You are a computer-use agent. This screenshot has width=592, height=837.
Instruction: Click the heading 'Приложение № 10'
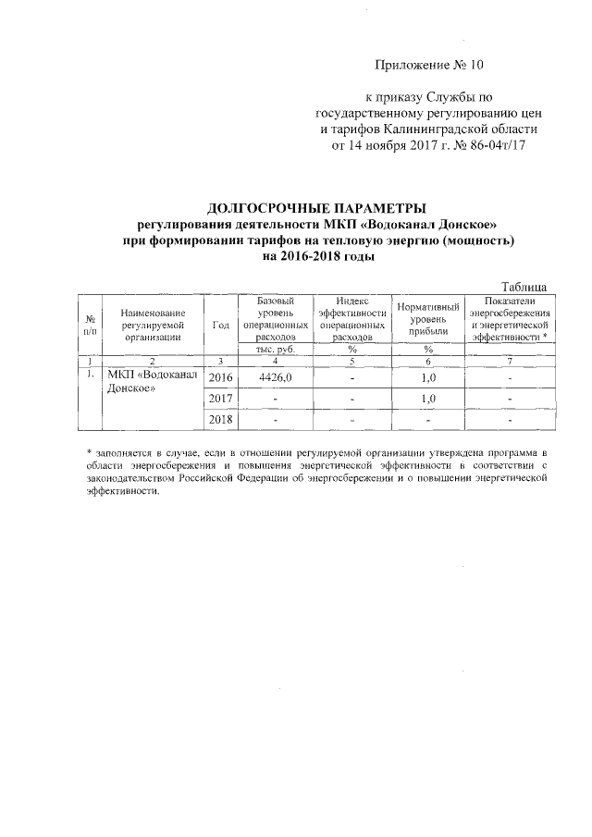[x=429, y=65]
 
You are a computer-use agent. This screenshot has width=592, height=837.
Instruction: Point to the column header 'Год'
[x=220, y=325]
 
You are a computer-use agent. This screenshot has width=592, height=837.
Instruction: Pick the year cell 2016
[x=221, y=378]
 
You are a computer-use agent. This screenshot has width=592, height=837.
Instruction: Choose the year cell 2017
[x=221, y=399]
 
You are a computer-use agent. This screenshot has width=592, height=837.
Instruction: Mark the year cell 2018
[x=221, y=420]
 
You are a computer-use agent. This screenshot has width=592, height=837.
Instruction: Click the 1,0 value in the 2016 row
[x=427, y=378]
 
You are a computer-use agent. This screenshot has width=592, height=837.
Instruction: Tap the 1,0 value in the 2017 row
[x=427, y=399]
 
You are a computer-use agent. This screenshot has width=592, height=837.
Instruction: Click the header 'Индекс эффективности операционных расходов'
[x=352, y=319]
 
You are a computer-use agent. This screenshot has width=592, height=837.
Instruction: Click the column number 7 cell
[x=510, y=361]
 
